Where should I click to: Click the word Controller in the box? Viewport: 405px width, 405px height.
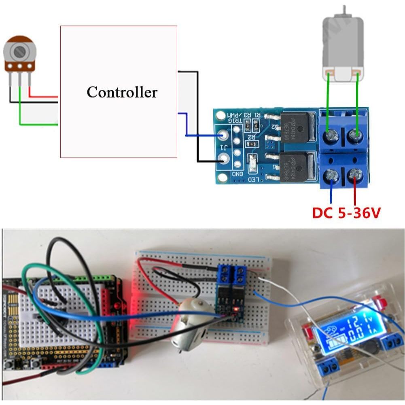click(122, 92)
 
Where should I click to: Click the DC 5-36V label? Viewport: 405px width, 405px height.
click(346, 212)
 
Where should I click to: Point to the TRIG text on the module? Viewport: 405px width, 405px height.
click(235, 120)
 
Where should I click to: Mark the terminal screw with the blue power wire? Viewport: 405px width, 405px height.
click(333, 175)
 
